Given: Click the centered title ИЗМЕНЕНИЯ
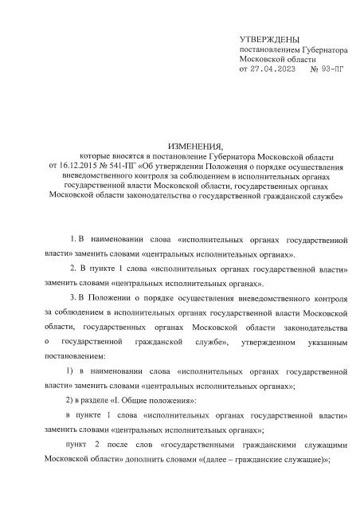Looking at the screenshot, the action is [x=180, y=147].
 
